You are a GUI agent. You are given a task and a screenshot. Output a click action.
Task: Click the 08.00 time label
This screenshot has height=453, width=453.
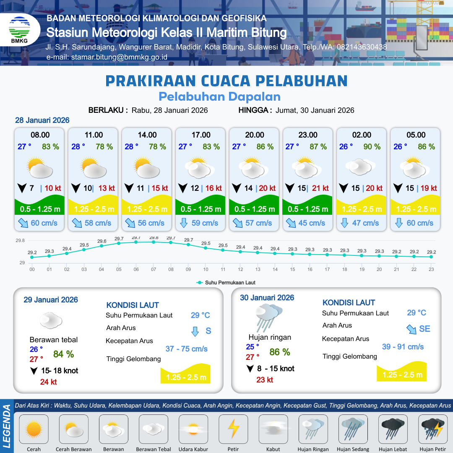point(40,135)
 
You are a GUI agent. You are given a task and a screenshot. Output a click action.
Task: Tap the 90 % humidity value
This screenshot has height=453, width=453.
point(372,147)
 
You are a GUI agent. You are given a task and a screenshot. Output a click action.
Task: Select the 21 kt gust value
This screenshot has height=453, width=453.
point(320,188)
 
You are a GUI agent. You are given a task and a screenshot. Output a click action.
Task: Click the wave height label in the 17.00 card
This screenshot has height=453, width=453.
point(200,209)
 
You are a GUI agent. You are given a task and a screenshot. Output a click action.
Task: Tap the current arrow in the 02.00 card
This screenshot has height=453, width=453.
point(344,223)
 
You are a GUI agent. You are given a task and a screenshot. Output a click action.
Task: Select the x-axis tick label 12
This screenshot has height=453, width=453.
point(240,269)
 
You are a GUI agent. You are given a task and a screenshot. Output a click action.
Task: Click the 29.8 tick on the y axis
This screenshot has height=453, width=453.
point(20,241)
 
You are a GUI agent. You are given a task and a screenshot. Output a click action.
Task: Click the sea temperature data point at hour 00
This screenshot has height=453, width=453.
point(32,257)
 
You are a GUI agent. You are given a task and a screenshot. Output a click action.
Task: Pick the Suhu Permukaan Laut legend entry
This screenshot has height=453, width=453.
point(226,283)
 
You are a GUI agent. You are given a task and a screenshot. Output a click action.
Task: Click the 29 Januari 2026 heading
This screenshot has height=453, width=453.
point(51,300)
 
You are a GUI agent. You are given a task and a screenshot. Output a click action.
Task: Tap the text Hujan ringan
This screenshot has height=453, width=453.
point(270,337)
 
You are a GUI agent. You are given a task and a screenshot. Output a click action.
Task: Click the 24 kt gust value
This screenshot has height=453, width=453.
point(48,382)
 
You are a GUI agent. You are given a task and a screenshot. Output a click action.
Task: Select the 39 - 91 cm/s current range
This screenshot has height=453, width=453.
point(403,347)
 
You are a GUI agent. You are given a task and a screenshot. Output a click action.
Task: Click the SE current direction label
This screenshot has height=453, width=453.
point(424,329)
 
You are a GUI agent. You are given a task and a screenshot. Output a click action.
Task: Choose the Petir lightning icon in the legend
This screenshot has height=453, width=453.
point(233,429)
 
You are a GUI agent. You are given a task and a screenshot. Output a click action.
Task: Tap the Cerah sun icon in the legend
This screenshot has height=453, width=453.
point(34,429)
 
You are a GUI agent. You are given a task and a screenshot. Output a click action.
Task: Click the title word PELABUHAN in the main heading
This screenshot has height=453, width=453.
point(302,80)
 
